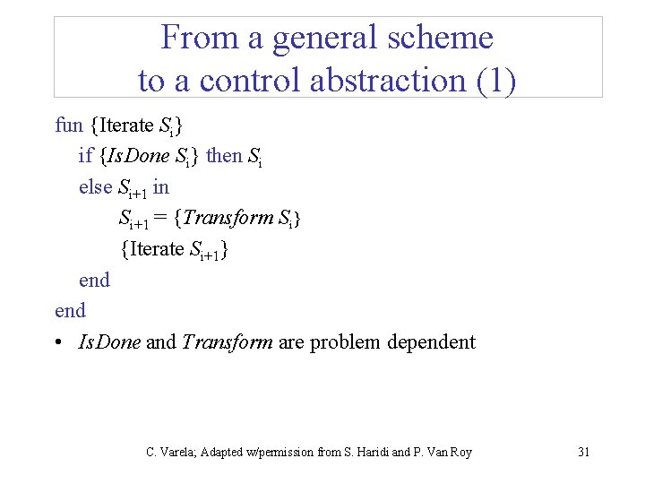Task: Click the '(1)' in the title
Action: (495, 81)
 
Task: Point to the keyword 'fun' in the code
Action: (68, 125)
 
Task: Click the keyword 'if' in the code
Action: (85, 156)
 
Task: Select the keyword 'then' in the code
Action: (224, 156)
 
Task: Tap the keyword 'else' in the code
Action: (95, 186)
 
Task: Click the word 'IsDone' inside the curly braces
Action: (138, 156)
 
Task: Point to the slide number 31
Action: (583, 452)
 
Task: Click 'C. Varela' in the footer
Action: (168, 452)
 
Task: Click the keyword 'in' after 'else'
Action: (160, 186)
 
